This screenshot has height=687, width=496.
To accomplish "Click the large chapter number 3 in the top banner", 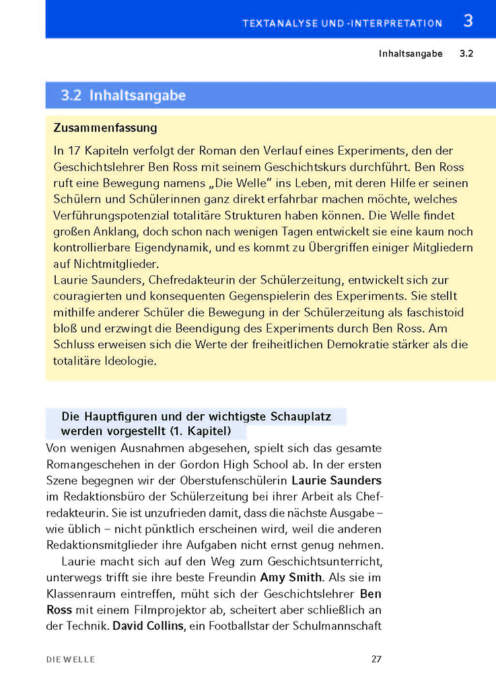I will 468,21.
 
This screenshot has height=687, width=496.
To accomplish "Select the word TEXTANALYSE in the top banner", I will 277,24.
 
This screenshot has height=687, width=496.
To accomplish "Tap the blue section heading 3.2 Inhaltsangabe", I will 123,96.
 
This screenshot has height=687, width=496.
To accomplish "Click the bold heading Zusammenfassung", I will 105,127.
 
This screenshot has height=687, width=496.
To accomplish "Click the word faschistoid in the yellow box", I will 434,313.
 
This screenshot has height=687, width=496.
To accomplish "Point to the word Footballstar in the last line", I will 237,626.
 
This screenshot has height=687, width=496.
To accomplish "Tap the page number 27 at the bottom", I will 376,659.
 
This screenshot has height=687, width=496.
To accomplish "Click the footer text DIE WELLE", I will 71,659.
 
